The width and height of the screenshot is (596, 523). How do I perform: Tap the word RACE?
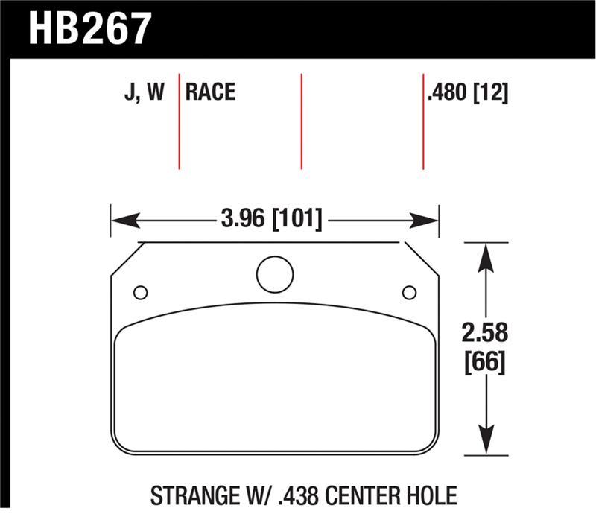point(210,92)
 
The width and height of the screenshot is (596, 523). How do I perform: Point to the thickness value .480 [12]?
point(467,92)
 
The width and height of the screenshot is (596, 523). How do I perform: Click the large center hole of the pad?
point(275,274)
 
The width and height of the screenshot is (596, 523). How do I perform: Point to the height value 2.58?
point(486,332)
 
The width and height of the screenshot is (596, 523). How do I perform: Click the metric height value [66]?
point(486,363)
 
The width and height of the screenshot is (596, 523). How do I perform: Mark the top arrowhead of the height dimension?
point(486,257)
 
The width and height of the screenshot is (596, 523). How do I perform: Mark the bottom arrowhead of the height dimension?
point(486,441)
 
